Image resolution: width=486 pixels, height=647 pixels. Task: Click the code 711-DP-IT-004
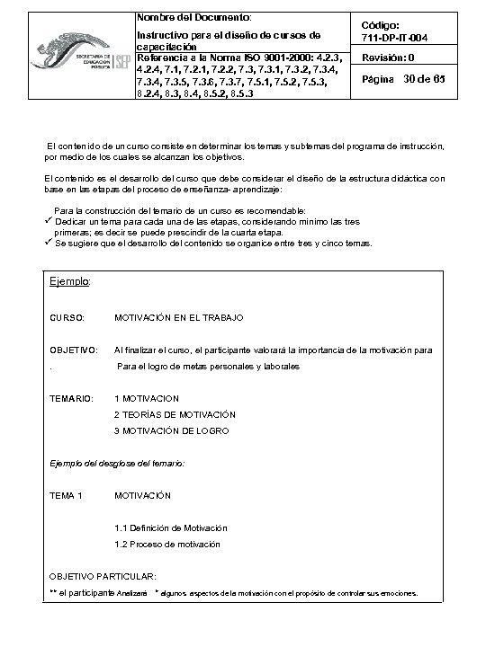click(400, 39)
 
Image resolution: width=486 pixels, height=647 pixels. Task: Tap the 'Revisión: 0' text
click(388, 58)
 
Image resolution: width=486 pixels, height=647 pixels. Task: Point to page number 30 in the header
click(415, 81)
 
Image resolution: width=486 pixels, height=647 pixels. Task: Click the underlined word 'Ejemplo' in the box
click(69, 282)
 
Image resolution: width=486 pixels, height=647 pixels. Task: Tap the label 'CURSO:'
click(67, 318)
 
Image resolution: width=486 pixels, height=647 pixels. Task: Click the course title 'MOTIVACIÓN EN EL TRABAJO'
click(179, 318)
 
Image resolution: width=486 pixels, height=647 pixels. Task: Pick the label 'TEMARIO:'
click(72, 398)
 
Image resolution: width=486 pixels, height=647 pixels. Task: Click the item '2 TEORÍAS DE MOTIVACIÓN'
click(175, 414)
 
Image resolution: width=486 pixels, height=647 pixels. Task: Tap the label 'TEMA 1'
click(67, 495)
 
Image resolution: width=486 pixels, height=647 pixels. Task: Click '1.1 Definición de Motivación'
click(171, 527)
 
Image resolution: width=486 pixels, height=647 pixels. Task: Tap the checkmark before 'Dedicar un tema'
click(49, 220)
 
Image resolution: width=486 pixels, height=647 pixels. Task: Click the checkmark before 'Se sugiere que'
click(49, 243)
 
